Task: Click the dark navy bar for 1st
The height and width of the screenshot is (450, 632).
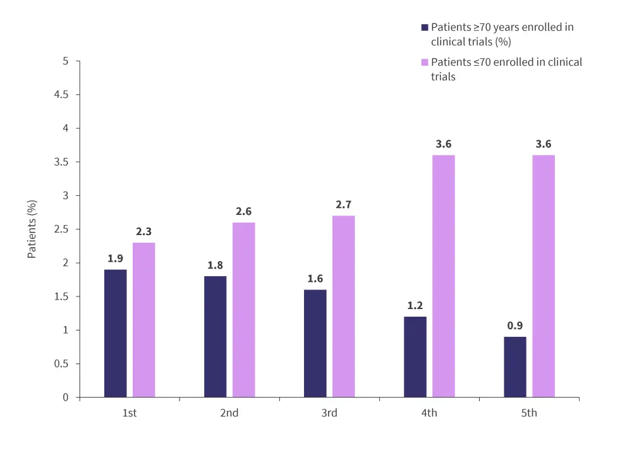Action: (x=115, y=333)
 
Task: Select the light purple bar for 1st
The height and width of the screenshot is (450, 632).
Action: (x=143, y=320)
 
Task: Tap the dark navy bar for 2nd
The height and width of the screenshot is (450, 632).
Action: (x=215, y=336)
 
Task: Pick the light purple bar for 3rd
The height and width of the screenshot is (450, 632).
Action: (x=344, y=307)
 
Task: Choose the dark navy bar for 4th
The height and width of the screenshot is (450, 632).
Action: (x=415, y=356)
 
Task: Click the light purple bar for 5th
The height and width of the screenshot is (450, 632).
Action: (x=544, y=276)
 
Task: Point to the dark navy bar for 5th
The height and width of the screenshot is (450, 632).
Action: (x=515, y=367)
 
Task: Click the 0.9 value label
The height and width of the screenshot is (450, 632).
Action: (x=515, y=326)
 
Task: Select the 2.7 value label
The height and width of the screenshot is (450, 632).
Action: (x=344, y=205)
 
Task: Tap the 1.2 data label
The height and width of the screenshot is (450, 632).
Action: (x=415, y=306)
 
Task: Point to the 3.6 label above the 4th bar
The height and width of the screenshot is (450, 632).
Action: (x=444, y=144)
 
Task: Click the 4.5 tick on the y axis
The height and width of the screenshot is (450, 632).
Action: (x=63, y=95)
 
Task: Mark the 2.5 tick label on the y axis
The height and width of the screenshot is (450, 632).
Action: (x=63, y=229)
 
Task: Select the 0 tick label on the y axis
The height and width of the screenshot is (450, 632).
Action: (x=66, y=398)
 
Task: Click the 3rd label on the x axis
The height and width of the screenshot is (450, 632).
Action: (x=329, y=413)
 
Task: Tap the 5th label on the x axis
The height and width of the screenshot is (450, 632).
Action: (x=529, y=413)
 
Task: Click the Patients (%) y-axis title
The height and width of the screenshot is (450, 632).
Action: (x=32, y=229)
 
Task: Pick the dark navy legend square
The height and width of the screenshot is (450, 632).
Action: (x=425, y=28)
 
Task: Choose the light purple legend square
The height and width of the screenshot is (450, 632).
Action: (x=425, y=63)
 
